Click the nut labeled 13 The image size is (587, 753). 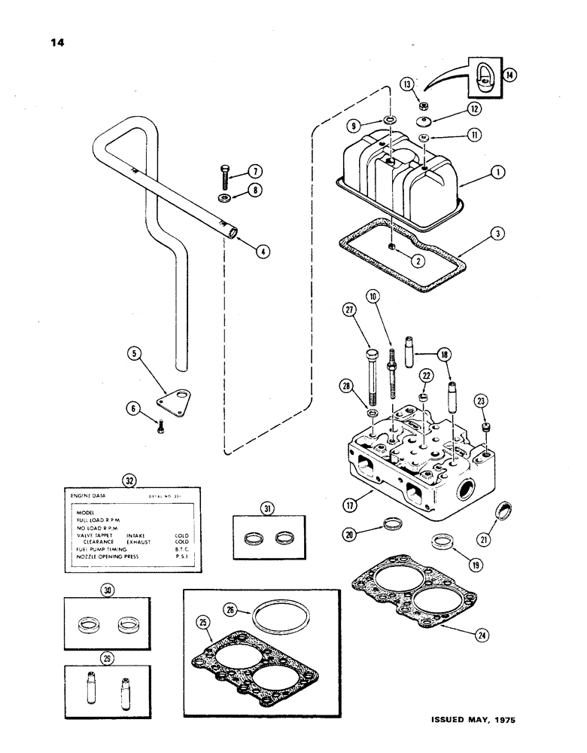[424, 106]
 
